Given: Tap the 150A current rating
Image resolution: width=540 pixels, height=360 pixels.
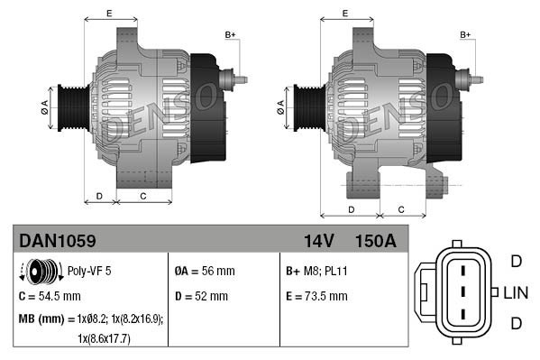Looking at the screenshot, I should point(376,241).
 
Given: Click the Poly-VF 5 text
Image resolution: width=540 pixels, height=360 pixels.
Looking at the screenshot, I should point(88,270).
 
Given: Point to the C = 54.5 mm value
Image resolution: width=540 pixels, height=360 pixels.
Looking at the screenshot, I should point(50,295).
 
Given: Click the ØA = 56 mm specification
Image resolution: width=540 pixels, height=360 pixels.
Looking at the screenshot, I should point(206,270).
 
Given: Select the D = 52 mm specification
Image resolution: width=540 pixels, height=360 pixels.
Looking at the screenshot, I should point(202,295).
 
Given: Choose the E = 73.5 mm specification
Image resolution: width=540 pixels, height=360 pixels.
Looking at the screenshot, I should point(316,295).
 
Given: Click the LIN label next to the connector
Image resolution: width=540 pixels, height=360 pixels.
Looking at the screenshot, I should point(515,293).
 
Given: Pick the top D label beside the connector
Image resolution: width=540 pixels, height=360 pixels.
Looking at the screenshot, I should point(516,262).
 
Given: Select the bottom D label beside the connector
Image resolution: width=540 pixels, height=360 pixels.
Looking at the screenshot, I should point(516,324).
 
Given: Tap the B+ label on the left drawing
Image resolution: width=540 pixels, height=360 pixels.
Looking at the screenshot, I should point(230,34).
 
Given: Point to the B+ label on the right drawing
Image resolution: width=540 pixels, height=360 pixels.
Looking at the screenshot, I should point(466,34).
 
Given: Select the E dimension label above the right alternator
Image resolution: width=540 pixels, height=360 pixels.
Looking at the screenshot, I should point(345,13).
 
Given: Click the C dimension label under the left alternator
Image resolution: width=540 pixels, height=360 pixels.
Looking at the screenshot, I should point(143,195).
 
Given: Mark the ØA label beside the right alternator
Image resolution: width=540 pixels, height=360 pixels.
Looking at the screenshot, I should point(280,105).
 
